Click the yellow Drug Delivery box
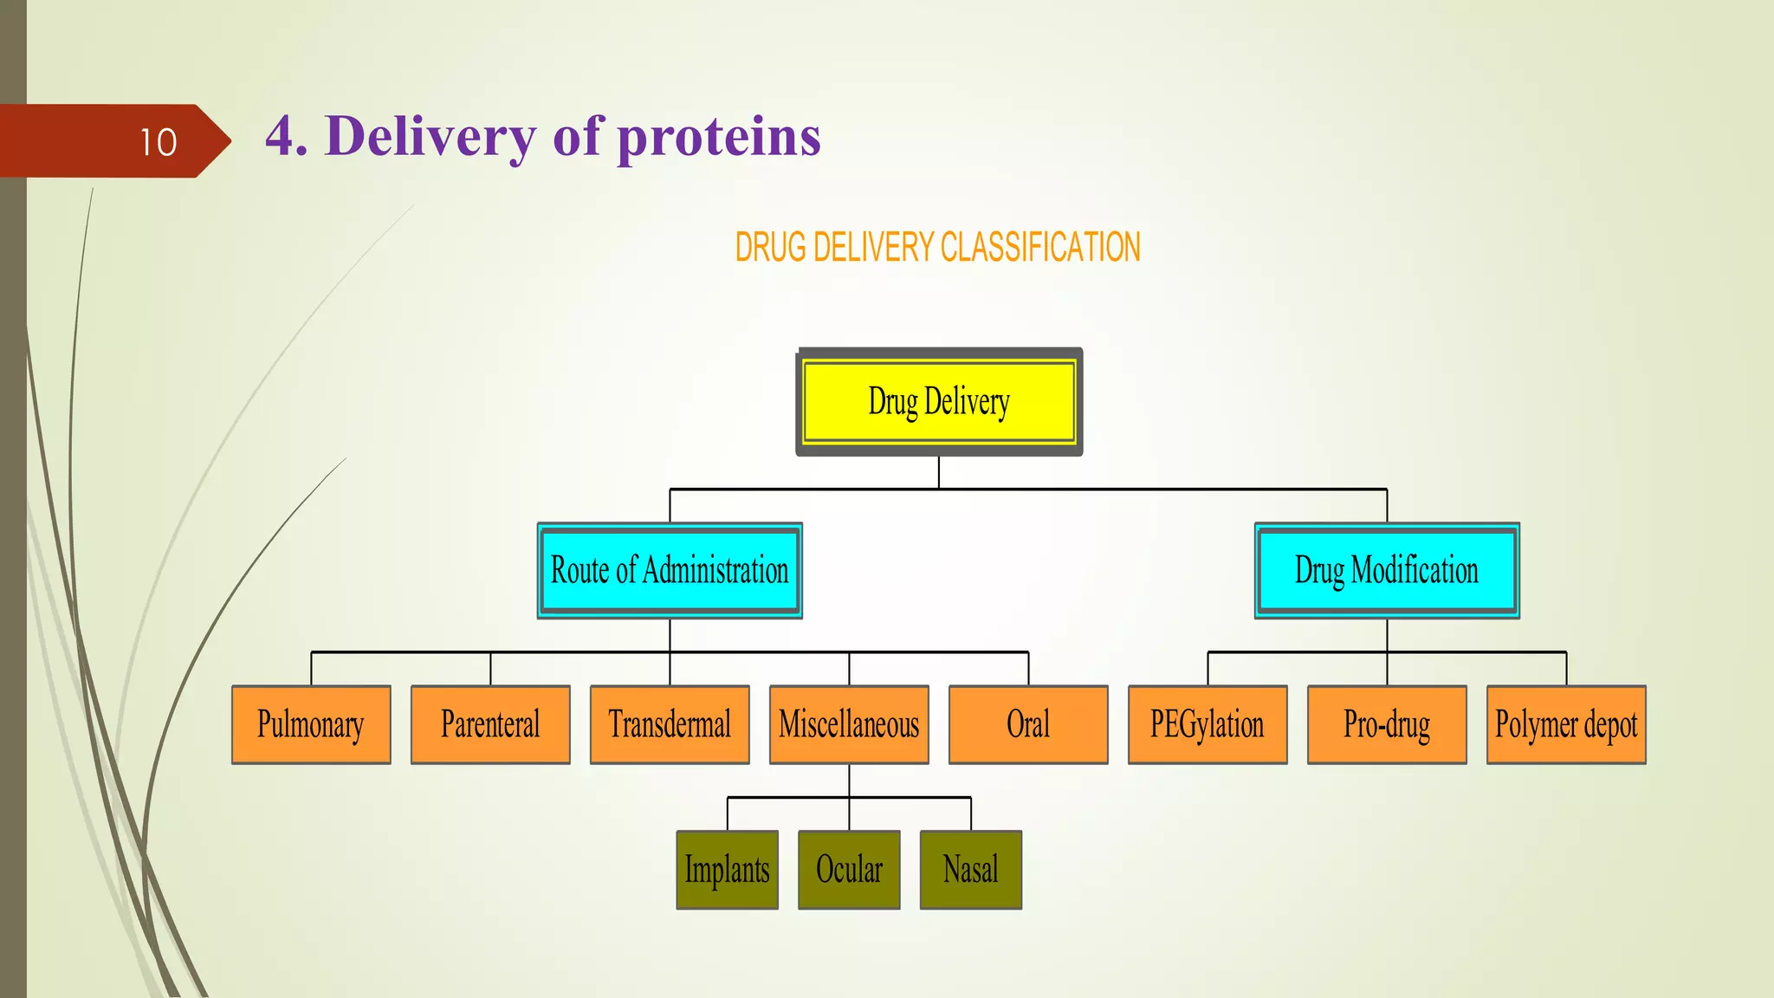click(x=939, y=402)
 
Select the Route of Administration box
click(x=670, y=570)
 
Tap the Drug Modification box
click(x=1387, y=570)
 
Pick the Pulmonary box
click(x=311, y=724)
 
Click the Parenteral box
click(x=490, y=724)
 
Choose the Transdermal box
click(x=670, y=724)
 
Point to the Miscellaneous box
click(x=849, y=724)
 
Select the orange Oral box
click(x=1028, y=724)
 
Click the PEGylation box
click(x=1207, y=724)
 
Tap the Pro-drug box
click(x=1387, y=724)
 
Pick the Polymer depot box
click(x=1566, y=724)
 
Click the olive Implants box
click(x=727, y=870)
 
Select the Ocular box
click(x=849, y=870)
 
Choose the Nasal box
click(x=971, y=870)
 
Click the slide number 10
click(x=159, y=142)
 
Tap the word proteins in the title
click(x=719, y=137)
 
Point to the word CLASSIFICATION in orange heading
click(x=1039, y=248)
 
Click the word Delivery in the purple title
click(x=431, y=137)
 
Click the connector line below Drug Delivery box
click(x=939, y=473)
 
